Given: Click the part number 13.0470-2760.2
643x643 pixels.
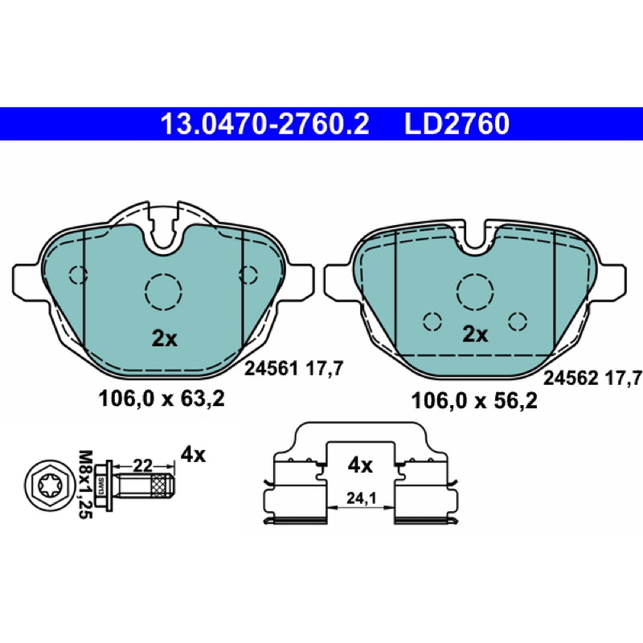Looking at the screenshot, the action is point(265,125).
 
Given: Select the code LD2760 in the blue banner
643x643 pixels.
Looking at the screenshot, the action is point(457,125).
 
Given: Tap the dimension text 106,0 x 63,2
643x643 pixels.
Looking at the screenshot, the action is point(162,399).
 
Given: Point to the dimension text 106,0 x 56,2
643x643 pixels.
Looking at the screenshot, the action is point(474,400).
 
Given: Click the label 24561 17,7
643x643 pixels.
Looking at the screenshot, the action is point(293,369).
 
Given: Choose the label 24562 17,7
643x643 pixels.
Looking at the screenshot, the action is point(592,378).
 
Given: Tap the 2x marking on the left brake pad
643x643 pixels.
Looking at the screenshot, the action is point(165,338).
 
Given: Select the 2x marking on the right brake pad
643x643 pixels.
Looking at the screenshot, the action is point(475,334).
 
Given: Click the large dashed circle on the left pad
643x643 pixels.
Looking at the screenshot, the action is point(163,291).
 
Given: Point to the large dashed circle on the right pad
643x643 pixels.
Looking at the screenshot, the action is point(475,291).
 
